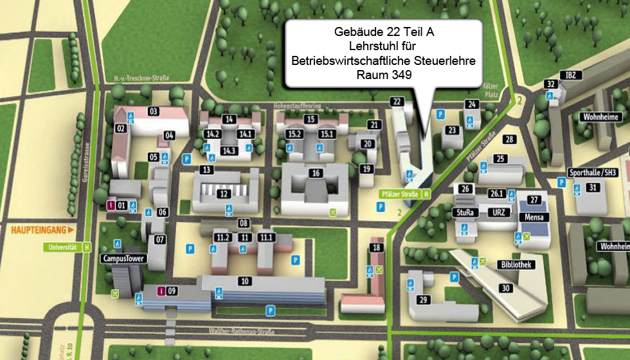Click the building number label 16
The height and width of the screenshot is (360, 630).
(315, 173)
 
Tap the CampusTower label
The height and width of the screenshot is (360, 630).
(124, 259)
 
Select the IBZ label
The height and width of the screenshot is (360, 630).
(571, 75)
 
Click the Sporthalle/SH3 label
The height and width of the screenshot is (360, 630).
(593, 172)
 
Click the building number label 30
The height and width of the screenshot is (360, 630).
(506, 288)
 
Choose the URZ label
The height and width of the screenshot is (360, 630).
(496, 212)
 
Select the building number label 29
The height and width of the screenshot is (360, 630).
(422, 299)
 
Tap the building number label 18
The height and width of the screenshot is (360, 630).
(377, 248)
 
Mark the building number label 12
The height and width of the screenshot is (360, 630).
(223, 194)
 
